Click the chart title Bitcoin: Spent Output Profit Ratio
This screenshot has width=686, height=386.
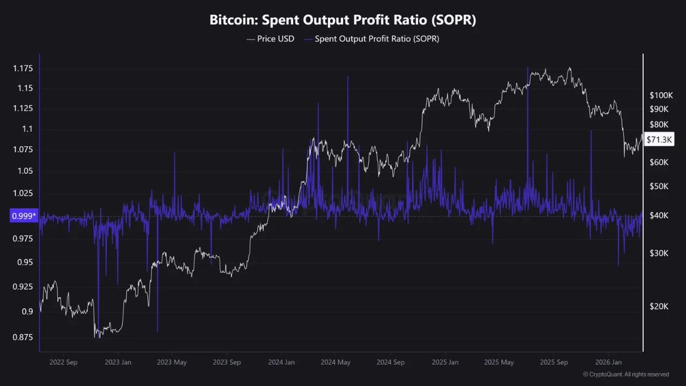tap(343, 20)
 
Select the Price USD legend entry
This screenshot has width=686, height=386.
tap(270, 39)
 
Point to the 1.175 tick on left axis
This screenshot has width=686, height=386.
tap(23, 69)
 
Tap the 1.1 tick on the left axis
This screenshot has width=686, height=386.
tap(27, 129)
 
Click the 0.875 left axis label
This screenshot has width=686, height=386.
tap(23, 337)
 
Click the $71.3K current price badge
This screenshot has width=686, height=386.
tap(659, 139)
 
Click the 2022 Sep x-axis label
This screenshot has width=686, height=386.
tap(64, 362)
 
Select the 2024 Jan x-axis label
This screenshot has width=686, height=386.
tap(281, 362)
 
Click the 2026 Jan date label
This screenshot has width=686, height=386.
tap(608, 362)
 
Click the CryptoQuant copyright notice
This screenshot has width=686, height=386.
tap(625, 375)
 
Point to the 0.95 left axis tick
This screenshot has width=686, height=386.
tap(25, 262)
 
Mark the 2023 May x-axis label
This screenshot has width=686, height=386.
tap(172, 362)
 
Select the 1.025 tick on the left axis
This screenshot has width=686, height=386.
tap(23, 194)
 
